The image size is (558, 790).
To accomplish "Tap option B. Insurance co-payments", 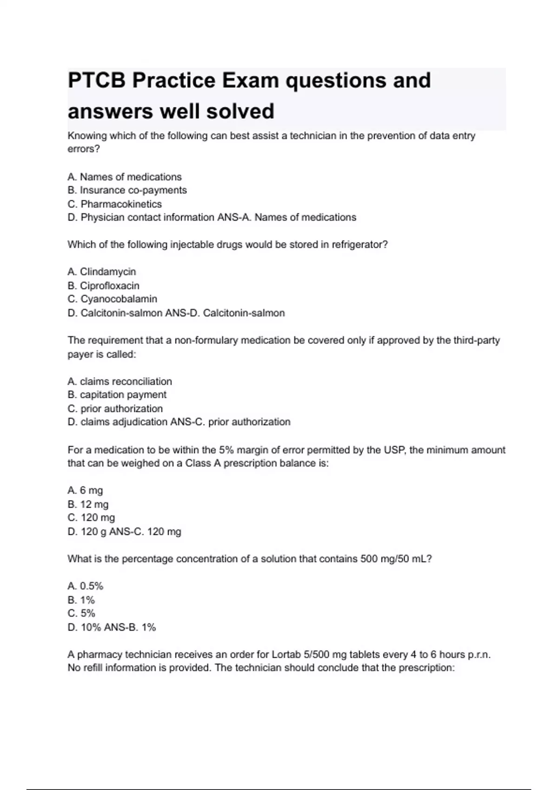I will [127, 190].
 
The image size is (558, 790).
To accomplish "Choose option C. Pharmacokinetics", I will [114, 204].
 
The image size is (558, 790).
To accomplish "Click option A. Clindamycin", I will [102, 271].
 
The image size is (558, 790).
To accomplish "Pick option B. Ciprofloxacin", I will [103, 285].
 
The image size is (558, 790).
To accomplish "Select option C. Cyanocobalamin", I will [112, 299].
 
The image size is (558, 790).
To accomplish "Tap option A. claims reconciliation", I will [120, 382].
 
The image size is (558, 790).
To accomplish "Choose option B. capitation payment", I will [117, 395].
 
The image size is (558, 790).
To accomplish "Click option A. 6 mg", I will [85, 490].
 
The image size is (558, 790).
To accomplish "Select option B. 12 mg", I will [88, 504].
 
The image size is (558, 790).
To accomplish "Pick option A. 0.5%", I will [85, 586].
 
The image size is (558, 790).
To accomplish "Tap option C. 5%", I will [81, 613].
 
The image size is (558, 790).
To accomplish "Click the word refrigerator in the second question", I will [359, 244].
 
